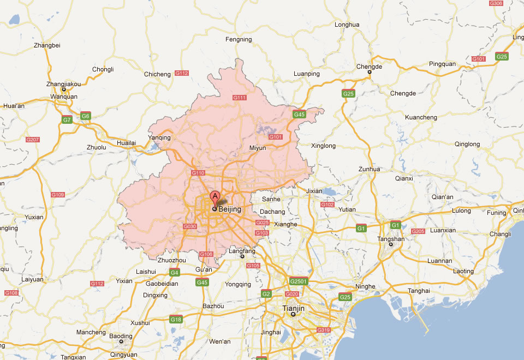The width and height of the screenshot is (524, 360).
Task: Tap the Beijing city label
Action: (x=230, y=208)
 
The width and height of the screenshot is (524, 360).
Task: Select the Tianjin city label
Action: (x=293, y=308)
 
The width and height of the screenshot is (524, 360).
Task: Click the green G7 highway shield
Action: (x=67, y=119)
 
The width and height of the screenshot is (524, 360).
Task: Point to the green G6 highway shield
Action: (x=86, y=116)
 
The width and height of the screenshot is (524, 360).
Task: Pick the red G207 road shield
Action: (x=33, y=140)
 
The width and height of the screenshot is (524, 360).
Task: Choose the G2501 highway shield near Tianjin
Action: (x=299, y=281)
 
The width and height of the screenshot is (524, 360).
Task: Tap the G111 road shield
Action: (x=240, y=98)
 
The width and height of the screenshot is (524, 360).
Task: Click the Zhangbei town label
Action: (x=47, y=45)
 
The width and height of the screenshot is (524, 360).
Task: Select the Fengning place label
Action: (x=239, y=39)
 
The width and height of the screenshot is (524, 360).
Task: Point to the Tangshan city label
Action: (x=391, y=239)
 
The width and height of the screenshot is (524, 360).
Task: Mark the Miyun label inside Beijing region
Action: (x=258, y=148)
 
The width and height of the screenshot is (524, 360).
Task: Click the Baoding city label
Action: (x=121, y=336)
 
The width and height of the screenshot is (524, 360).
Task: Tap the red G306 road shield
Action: (x=496, y=3)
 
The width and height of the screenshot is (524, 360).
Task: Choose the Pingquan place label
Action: (x=442, y=64)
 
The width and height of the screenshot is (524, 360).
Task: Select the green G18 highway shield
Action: (x=176, y=320)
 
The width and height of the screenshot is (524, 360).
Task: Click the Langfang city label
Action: (x=242, y=251)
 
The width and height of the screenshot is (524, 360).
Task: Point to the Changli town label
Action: (x=501, y=234)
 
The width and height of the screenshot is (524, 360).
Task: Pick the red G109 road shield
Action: (x=57, y=195)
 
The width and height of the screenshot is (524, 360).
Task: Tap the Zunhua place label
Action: (x=369, y=169)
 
